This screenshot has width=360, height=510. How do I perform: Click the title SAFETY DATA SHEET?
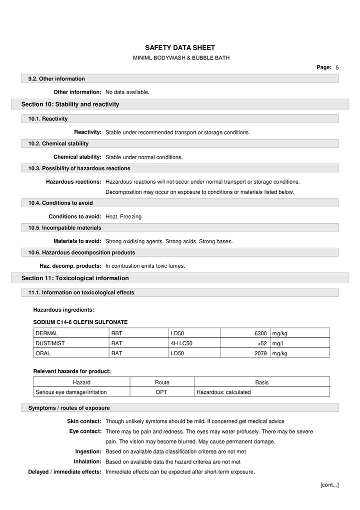179,48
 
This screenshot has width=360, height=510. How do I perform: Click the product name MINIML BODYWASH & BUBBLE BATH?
181,58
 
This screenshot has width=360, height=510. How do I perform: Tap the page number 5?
337,67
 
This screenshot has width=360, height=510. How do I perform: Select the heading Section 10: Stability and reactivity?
70,104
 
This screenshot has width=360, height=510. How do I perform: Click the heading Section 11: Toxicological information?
75,278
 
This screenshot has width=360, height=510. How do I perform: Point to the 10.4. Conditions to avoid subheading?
60,203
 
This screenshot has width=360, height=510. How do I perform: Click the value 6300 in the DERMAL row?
260,333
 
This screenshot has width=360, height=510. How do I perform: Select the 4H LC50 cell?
181,343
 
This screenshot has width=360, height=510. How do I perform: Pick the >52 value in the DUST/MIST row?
261,343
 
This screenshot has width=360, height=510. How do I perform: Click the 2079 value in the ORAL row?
260,353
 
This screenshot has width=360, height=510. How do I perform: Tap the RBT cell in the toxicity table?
116,333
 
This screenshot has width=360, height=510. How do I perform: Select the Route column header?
161,382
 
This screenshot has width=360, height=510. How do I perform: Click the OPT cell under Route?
161,392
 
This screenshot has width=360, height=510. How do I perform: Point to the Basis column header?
261,382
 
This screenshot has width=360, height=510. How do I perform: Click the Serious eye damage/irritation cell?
71,392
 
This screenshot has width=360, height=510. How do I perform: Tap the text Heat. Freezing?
123,217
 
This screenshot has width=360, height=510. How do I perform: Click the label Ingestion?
88,451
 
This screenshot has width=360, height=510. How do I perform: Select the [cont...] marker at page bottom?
329,484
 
